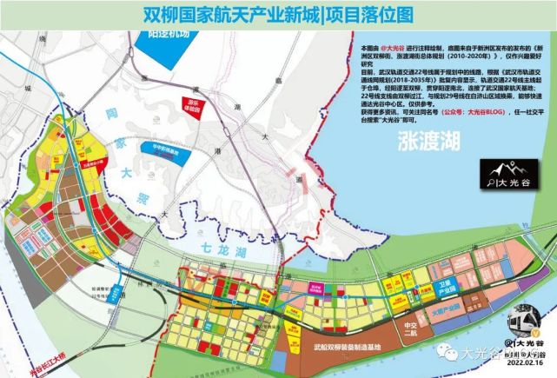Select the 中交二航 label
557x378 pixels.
pyautogui.click(x=402, y=330)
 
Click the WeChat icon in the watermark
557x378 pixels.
pyautogui.click(x=448, y=352)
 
